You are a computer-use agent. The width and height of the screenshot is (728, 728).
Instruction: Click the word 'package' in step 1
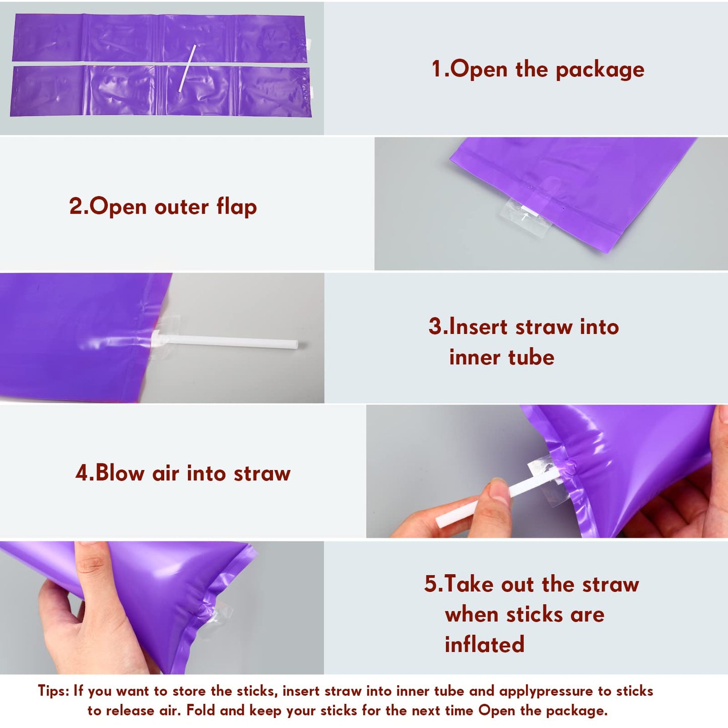600,70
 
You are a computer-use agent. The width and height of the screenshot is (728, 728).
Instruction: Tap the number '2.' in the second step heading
79,206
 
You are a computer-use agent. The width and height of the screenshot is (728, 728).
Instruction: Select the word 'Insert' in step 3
479,326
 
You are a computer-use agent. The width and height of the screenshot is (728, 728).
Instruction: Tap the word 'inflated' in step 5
484,644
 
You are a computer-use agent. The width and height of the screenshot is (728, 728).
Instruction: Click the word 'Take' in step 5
469,584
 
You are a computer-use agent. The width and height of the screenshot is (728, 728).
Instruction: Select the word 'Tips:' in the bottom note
53,691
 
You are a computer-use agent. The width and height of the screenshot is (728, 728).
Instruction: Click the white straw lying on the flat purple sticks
187,69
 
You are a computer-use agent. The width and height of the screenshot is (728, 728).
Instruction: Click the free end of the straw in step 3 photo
296,345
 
